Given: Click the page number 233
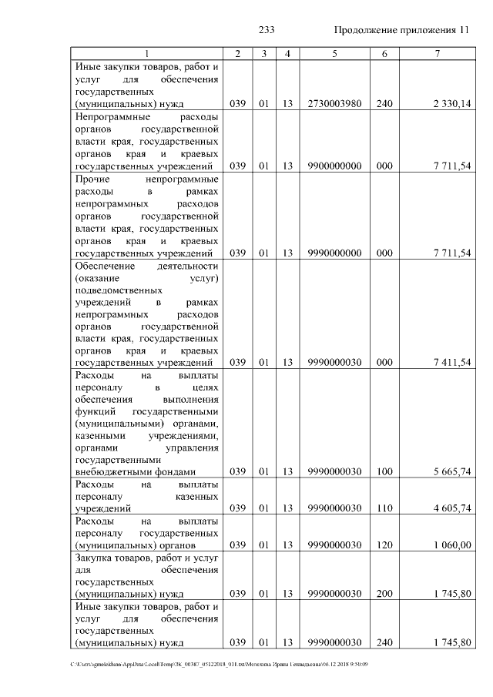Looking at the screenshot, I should (267, 30).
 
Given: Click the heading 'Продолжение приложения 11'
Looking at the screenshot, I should (401, 30).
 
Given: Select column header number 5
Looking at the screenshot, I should (334, 54).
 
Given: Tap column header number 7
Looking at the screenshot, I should (437, 54).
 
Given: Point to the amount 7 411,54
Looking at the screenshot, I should (451, 363).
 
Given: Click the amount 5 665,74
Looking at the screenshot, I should (451, 471).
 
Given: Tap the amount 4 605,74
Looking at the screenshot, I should (451, 508).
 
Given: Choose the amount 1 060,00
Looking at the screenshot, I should (452, 545).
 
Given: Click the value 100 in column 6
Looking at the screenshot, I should (384, 471).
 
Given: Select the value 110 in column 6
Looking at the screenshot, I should (384, 508).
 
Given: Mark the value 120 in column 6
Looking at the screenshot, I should (384, 545).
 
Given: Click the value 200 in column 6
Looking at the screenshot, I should (384, 595).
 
